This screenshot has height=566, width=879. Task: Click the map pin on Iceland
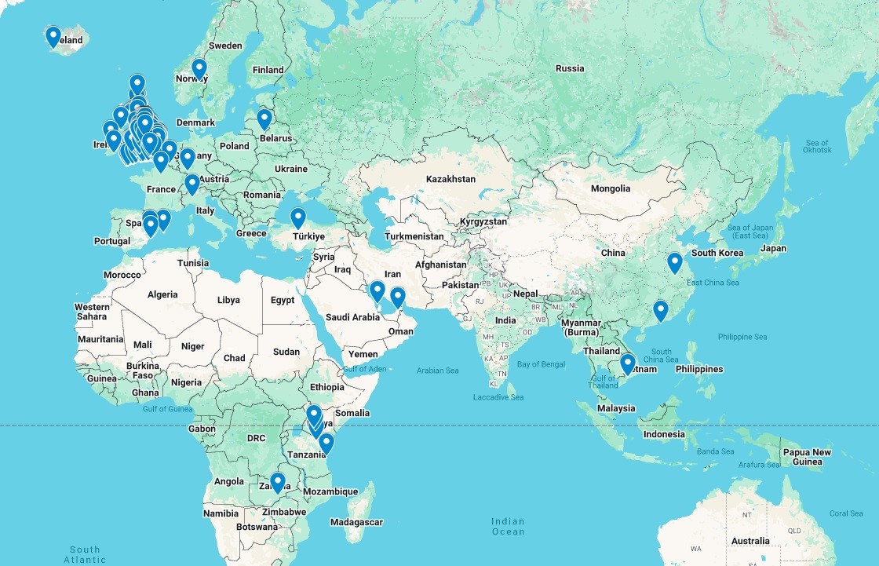(53, 36)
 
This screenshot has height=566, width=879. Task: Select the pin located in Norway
(199, 69)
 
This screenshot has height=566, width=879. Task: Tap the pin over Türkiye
(298, 217)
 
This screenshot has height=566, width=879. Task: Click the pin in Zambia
(277, 482)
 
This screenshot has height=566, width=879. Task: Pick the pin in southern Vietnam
(627, 363)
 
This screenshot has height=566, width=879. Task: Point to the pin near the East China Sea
(675, 262)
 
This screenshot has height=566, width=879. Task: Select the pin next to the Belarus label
(264, 119)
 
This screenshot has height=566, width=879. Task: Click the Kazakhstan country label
(450, 179)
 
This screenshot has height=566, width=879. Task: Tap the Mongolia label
(611, 188)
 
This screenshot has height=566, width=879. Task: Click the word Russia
(570, 68)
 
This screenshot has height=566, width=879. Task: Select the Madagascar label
(356, 522)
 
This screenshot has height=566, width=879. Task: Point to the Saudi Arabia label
(352, 317)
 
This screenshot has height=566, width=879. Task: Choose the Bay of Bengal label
(541, 364)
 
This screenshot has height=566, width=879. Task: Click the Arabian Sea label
(438, 371)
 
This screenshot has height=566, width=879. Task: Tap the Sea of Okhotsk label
(817, 146)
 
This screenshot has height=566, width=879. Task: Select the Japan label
(773, 249)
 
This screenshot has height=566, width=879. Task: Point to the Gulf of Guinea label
(168, 409)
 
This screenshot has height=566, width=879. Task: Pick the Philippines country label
(698, 369)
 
